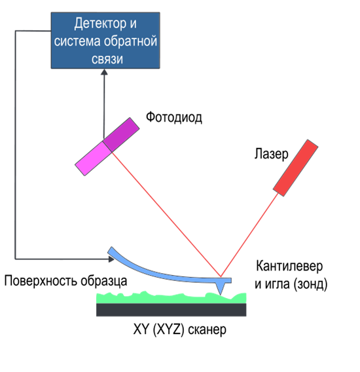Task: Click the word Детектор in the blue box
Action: coord(100,24)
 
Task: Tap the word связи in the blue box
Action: coord(107,59)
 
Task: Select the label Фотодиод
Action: coord(174,117)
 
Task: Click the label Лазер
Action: coord(271,154)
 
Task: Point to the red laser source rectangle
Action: coord(295,168)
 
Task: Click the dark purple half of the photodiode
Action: coord(121,134)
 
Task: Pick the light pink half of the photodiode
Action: coord(93,158)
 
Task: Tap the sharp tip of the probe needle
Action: coord(221,295)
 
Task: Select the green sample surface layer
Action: coord(171,298)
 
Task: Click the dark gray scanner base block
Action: coord(171,310)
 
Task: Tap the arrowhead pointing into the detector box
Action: coord(104,72)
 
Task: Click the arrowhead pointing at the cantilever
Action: coord(111,259)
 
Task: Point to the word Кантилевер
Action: coord(289,266)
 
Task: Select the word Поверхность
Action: coord(41,281)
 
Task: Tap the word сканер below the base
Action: coord(207,329)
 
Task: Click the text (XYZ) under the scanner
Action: coord(169,329)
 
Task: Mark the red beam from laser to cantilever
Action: coord(249,235)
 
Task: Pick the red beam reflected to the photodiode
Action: coord(166,214)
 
